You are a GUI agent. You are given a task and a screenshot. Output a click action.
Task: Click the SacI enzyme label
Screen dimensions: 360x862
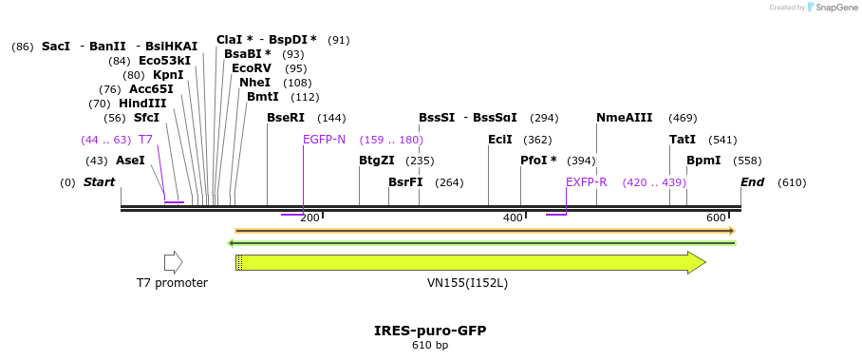click(x=56, y=46)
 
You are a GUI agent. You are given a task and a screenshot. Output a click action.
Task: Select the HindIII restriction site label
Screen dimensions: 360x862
click(x=142, y=104)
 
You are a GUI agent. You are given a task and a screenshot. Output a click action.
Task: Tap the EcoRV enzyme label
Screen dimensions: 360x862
click(x=252, y=68)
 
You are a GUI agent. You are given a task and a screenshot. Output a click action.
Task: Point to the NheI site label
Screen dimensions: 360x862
click(x=254, y=83)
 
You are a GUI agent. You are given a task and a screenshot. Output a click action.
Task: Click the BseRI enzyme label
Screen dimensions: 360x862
click(x=286, y=118)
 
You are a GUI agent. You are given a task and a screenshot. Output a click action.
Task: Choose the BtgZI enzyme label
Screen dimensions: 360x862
click(x=377, y=161)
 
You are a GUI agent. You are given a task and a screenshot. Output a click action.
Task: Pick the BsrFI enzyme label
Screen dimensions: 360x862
click(x=405, y=182)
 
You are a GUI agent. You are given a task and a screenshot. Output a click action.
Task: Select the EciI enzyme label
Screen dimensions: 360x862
click(x=500, y=140)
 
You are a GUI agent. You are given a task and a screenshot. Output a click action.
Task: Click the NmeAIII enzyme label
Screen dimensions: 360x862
click(x=625, y=118)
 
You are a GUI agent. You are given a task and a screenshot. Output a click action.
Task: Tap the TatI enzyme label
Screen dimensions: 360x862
click(x=683, y=140)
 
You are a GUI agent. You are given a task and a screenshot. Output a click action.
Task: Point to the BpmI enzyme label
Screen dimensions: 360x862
click(x=703, y=161)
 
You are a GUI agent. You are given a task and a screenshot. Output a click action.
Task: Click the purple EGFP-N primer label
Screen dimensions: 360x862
click(x=324, y=140)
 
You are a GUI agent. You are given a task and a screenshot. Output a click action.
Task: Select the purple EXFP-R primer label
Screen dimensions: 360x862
click(x=586, y=182)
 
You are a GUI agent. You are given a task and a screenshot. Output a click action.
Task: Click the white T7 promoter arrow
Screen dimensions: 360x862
click(x=173, y=262)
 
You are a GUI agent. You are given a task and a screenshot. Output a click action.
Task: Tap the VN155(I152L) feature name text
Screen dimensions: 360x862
click(x=467, y=283)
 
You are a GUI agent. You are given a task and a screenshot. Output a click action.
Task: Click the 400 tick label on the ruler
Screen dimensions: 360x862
click(x=514, y=218)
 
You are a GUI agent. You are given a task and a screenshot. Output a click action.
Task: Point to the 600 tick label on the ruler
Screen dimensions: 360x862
click(x=717, y=218)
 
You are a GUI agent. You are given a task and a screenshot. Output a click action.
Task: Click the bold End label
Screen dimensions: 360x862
click(x=753, y=182)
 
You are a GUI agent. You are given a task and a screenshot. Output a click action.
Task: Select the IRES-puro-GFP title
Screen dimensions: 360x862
click(x=430, y=331)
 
